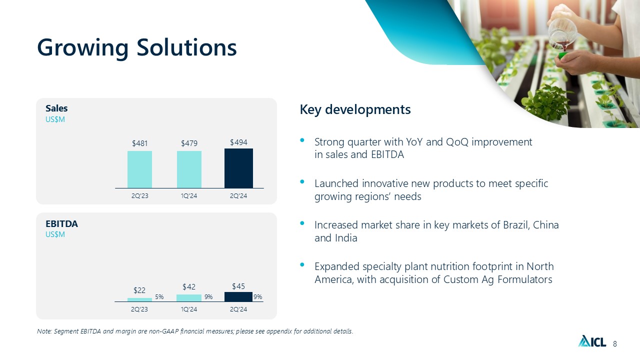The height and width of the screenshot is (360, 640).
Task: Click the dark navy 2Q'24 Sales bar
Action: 238,168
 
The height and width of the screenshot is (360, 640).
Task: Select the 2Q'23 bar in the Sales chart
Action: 139,169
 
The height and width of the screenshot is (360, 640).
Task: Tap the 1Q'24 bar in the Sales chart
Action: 189,169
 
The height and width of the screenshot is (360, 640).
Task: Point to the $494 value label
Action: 238,142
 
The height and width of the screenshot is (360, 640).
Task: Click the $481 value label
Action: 139,143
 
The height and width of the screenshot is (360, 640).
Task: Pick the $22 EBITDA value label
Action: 139,290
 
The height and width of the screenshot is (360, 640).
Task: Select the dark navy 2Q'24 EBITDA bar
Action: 238,296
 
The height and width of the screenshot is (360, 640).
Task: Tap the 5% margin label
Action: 159,297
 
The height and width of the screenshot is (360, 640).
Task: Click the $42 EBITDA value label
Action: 189,286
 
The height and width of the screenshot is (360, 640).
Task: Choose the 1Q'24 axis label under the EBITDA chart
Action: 189,309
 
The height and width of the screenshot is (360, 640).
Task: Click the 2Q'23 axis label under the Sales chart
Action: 139,195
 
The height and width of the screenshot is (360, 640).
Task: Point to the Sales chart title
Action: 56,108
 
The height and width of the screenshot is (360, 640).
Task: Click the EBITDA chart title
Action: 61,223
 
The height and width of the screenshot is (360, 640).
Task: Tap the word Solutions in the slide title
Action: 187,47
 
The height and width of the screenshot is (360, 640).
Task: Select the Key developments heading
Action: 355,109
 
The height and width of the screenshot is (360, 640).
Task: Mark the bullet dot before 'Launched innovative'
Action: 302,181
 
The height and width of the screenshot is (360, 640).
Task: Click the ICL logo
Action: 592,340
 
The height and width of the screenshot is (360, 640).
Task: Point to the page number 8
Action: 615,343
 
